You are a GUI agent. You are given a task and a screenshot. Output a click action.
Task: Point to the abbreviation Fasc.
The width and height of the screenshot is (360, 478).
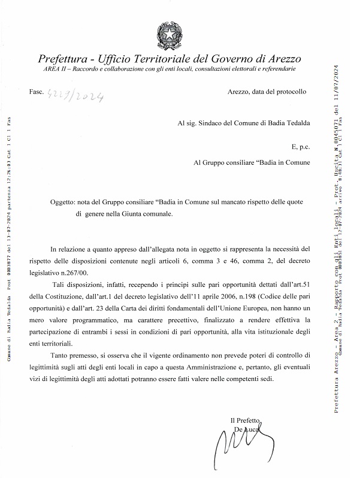pos(36,92)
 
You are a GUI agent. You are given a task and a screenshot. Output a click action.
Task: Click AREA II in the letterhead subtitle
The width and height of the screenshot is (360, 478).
pos(56,70)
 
